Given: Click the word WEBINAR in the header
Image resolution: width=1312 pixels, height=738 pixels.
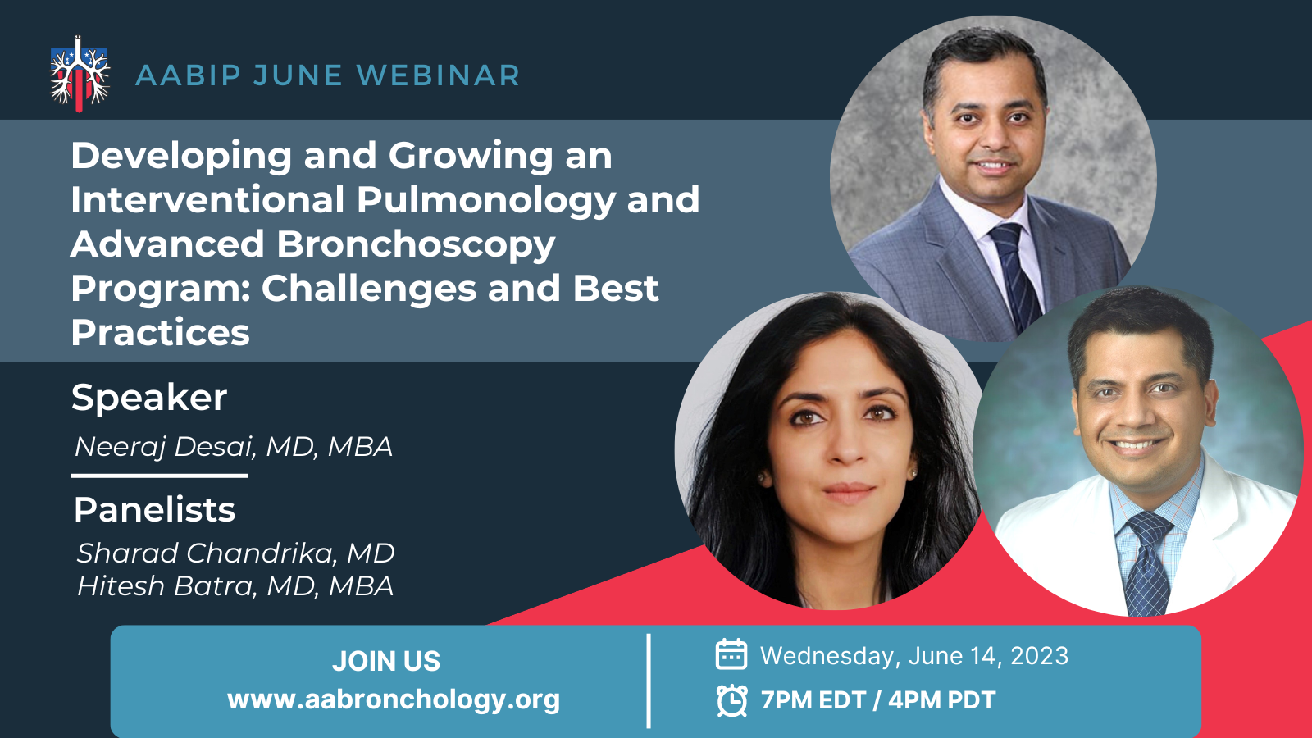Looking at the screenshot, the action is coord(438,75).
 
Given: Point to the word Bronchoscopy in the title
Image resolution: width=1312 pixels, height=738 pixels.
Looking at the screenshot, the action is coord(416,245).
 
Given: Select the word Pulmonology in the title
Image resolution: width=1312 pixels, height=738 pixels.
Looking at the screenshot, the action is coord(486,200).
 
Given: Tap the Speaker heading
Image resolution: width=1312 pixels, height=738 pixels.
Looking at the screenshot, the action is coord(149,399).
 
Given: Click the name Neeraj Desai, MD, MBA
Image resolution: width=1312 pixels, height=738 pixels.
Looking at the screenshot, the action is coord(234,446).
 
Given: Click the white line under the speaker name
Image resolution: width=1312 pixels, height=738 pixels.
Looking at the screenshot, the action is coord(159,476).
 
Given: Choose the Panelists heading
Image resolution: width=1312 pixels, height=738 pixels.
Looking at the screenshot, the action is coord(155,509).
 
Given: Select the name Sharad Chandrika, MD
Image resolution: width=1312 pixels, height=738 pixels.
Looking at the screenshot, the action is coord(236,553).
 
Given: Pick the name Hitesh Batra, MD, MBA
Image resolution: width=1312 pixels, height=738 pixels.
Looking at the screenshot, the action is coord(235,586).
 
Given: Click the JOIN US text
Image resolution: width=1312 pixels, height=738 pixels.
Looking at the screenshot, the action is coord(386,661).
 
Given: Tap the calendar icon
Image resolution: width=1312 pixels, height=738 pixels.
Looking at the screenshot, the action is coord(731,654).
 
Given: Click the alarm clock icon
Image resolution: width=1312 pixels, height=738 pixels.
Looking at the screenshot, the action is coord(732,700).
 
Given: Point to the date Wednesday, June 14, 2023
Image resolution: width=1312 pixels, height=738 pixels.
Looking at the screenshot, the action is coord(914,656).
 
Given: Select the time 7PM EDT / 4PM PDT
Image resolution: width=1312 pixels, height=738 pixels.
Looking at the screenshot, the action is coord(878,700).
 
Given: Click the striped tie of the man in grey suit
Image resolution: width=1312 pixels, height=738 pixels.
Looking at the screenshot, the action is coord(1018,276).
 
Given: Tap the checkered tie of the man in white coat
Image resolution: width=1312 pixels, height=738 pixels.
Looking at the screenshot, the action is coord(1147,563).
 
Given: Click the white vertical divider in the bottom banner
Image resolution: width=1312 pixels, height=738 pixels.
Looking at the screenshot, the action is coord(649,681).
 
